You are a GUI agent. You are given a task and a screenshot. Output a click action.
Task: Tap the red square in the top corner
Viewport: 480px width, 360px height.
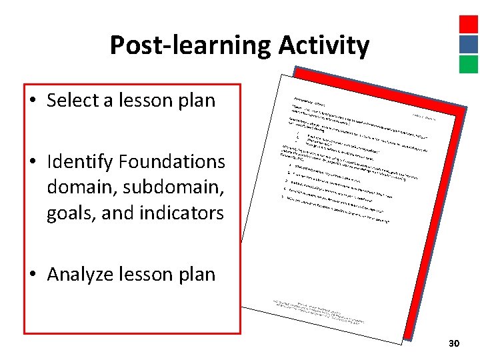click(469, 25)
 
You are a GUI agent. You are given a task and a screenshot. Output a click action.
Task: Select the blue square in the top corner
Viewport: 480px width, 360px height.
click(469, 44)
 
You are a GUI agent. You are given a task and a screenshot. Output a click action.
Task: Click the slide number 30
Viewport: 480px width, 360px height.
click(454, 343)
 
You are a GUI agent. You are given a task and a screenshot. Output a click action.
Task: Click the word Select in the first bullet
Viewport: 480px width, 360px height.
click(73, 101)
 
